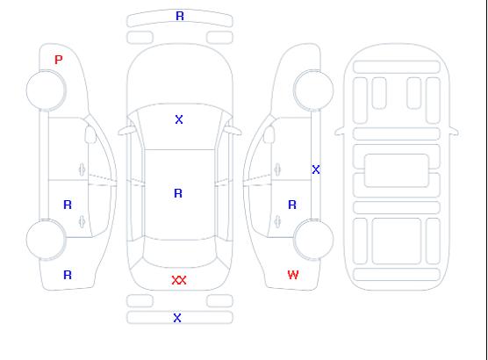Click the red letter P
point(59,60)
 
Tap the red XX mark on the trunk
point(179,280)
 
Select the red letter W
point(293,275)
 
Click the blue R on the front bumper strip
point(180,16)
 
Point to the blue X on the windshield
point(179,119)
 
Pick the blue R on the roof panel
point(178,193)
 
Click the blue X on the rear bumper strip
point(177,318)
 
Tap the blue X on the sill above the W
point(316,169)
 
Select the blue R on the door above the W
point(292,205)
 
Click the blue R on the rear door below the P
point(68,205)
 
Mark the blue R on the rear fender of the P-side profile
point(68,275)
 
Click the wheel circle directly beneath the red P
point(46,90)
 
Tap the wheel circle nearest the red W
point(313,239)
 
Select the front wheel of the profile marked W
point(313,90)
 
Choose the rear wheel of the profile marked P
point(46,240)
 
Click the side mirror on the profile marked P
point(90,134)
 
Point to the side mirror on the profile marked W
point(269,134)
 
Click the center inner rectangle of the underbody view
point(397,170)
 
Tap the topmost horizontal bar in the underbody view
point(397,67)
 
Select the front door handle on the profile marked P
point(83,169)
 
